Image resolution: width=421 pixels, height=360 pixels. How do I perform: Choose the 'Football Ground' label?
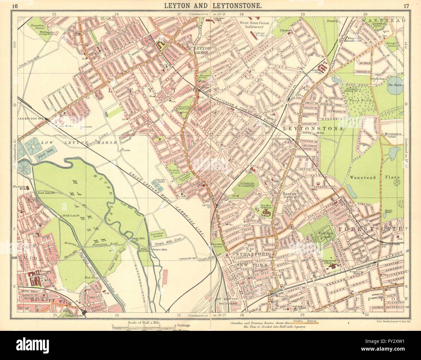176,170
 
